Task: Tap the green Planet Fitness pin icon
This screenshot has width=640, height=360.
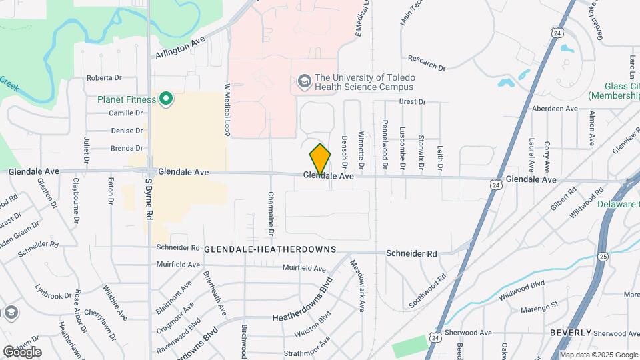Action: tap(165, 101)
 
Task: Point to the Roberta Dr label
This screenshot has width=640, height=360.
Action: tap(103, 78)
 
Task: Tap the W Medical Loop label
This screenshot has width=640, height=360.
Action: tap(227, 110)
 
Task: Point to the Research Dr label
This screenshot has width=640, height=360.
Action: tap(427, 63)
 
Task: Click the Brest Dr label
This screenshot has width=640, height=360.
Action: tap(412, 101)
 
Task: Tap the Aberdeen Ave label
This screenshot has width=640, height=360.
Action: tap(553, 109)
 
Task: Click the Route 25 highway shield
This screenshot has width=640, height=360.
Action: tap(603, 255)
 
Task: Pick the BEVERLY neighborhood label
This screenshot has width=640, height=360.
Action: tap(571, 332)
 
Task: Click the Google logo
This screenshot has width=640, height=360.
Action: tap(22, 352)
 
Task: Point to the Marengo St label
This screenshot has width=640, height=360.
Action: tap(541, 307)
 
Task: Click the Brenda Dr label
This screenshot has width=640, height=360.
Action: tap(127, 148)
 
